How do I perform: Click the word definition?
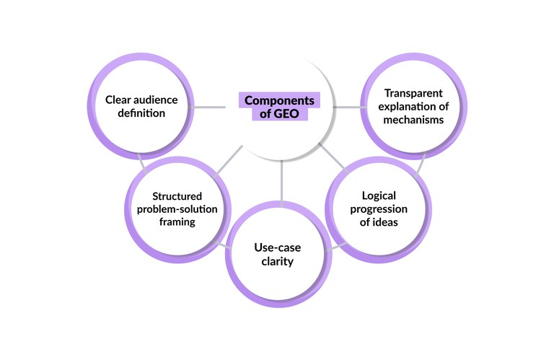[134, 114]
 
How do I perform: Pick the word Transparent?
[414, 94]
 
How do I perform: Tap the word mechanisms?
[414, 120]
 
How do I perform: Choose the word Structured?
[177, 196]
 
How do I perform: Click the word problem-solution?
[177, 209]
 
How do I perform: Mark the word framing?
[177, 222]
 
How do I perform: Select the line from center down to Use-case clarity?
[281, 180]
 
